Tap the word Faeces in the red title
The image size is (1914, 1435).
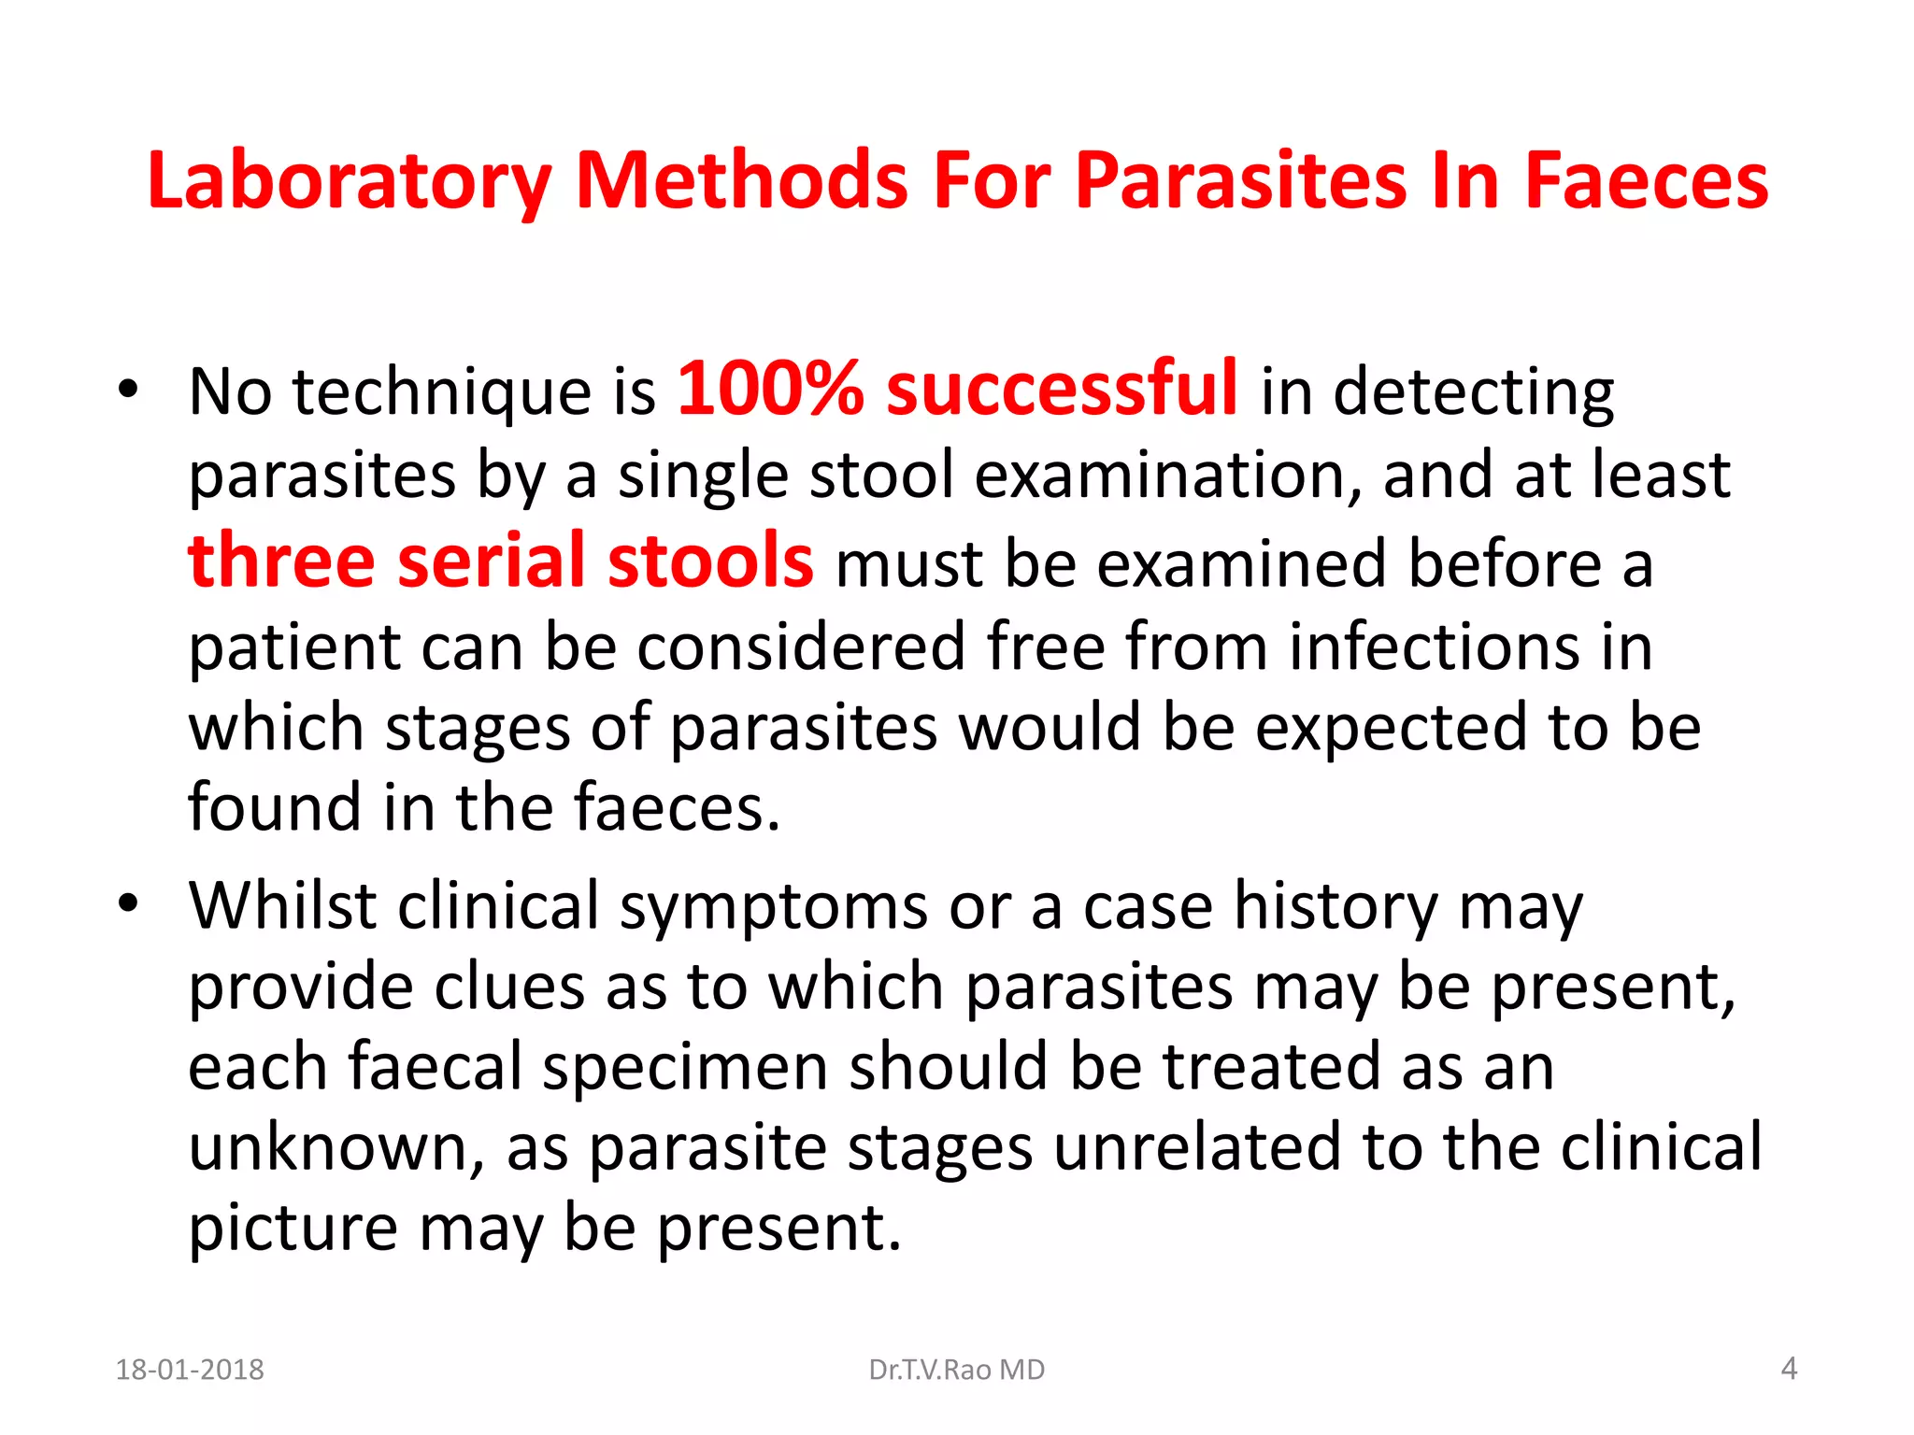(1647, 181)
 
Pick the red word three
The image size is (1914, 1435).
(281, 561)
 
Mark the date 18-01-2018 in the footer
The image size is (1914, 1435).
(190, 1370)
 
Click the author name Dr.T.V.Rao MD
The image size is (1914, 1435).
(956, 1370)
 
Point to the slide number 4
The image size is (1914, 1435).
(1789, 1369)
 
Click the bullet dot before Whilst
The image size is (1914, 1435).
(128, 903)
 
